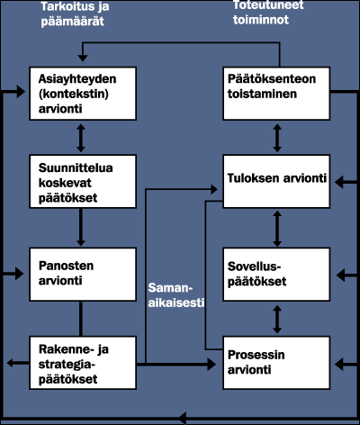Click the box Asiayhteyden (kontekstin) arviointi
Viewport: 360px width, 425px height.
tap(82, 94)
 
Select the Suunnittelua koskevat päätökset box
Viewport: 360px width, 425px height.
tap(82, 181)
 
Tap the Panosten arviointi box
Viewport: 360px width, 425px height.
tap(82, 273)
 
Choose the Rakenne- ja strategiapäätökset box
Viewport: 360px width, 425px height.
tap(82, 363)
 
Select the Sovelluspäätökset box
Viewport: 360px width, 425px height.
tap(276, 273)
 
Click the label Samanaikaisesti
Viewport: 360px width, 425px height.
tap(174, 294)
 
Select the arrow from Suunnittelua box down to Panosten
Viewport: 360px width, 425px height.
tap(82, 226)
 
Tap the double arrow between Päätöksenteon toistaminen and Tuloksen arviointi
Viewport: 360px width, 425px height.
tap(276, 138)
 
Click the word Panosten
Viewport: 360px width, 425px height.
tap(65, 265)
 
